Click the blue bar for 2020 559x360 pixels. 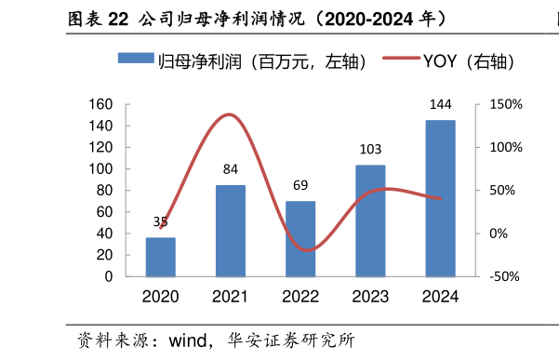[x=161, y=257]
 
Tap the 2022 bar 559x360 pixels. [x=300, y=239]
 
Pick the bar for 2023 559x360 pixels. [x=370, y=220]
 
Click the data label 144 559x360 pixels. [x=440, y=104]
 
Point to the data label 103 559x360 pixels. [x=370, y=149]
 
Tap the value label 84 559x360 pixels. [x=232, y=169]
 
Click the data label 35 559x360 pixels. [x=161, y=221]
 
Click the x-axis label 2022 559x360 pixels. [x=300, y=297]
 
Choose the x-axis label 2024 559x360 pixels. [x=440, y=297]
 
